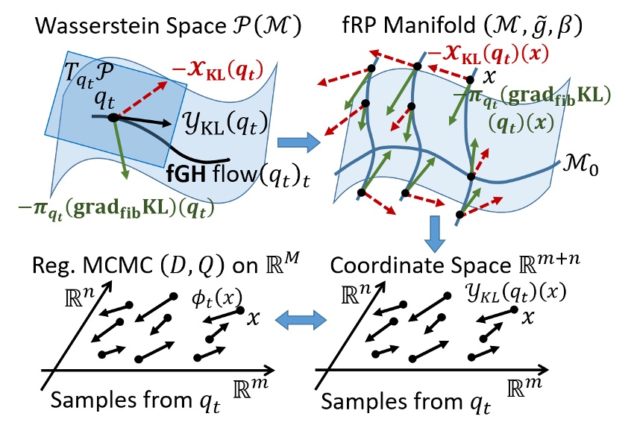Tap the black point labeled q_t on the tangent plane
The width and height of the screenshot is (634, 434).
(113, 117)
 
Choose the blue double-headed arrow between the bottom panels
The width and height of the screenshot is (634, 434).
(301, 321)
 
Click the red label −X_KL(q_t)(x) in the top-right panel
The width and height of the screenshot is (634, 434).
(489, 55)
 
